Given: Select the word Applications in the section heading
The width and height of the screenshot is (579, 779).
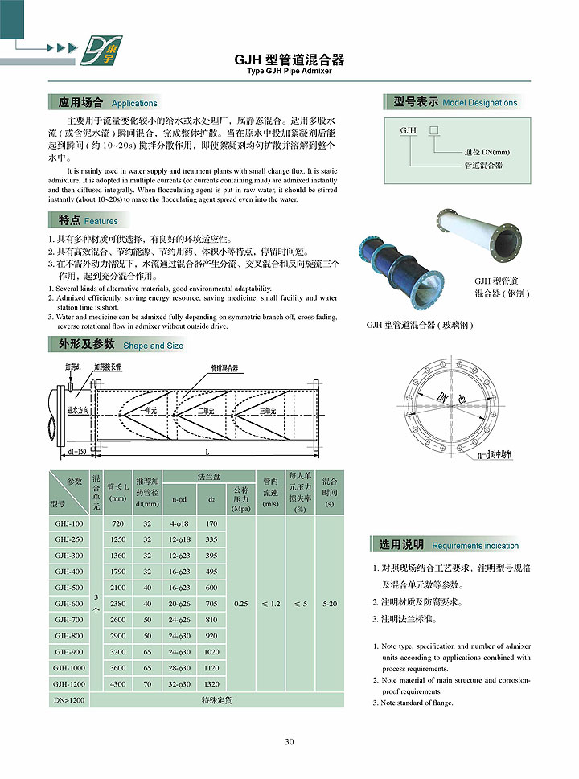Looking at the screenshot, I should click(134, 104).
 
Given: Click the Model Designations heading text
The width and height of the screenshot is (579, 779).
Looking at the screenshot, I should click(479, 103).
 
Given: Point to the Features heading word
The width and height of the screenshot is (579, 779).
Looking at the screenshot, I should click(101, 221).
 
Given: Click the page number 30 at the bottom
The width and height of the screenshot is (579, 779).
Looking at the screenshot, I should click(289, 741).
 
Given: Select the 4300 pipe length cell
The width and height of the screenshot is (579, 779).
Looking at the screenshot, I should click(117, 683).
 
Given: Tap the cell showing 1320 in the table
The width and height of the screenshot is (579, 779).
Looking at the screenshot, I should click(211, 683).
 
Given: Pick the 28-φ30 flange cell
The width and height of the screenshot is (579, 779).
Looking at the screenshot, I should click(179, 667).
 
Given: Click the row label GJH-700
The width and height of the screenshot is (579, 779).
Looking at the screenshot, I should click(69, 619).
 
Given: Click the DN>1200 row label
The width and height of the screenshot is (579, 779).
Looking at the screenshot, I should click(69, 700).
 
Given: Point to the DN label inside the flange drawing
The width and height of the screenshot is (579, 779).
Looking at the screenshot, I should click(442, 397).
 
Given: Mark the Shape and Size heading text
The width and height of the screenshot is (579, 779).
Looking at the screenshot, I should click(153, 346).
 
